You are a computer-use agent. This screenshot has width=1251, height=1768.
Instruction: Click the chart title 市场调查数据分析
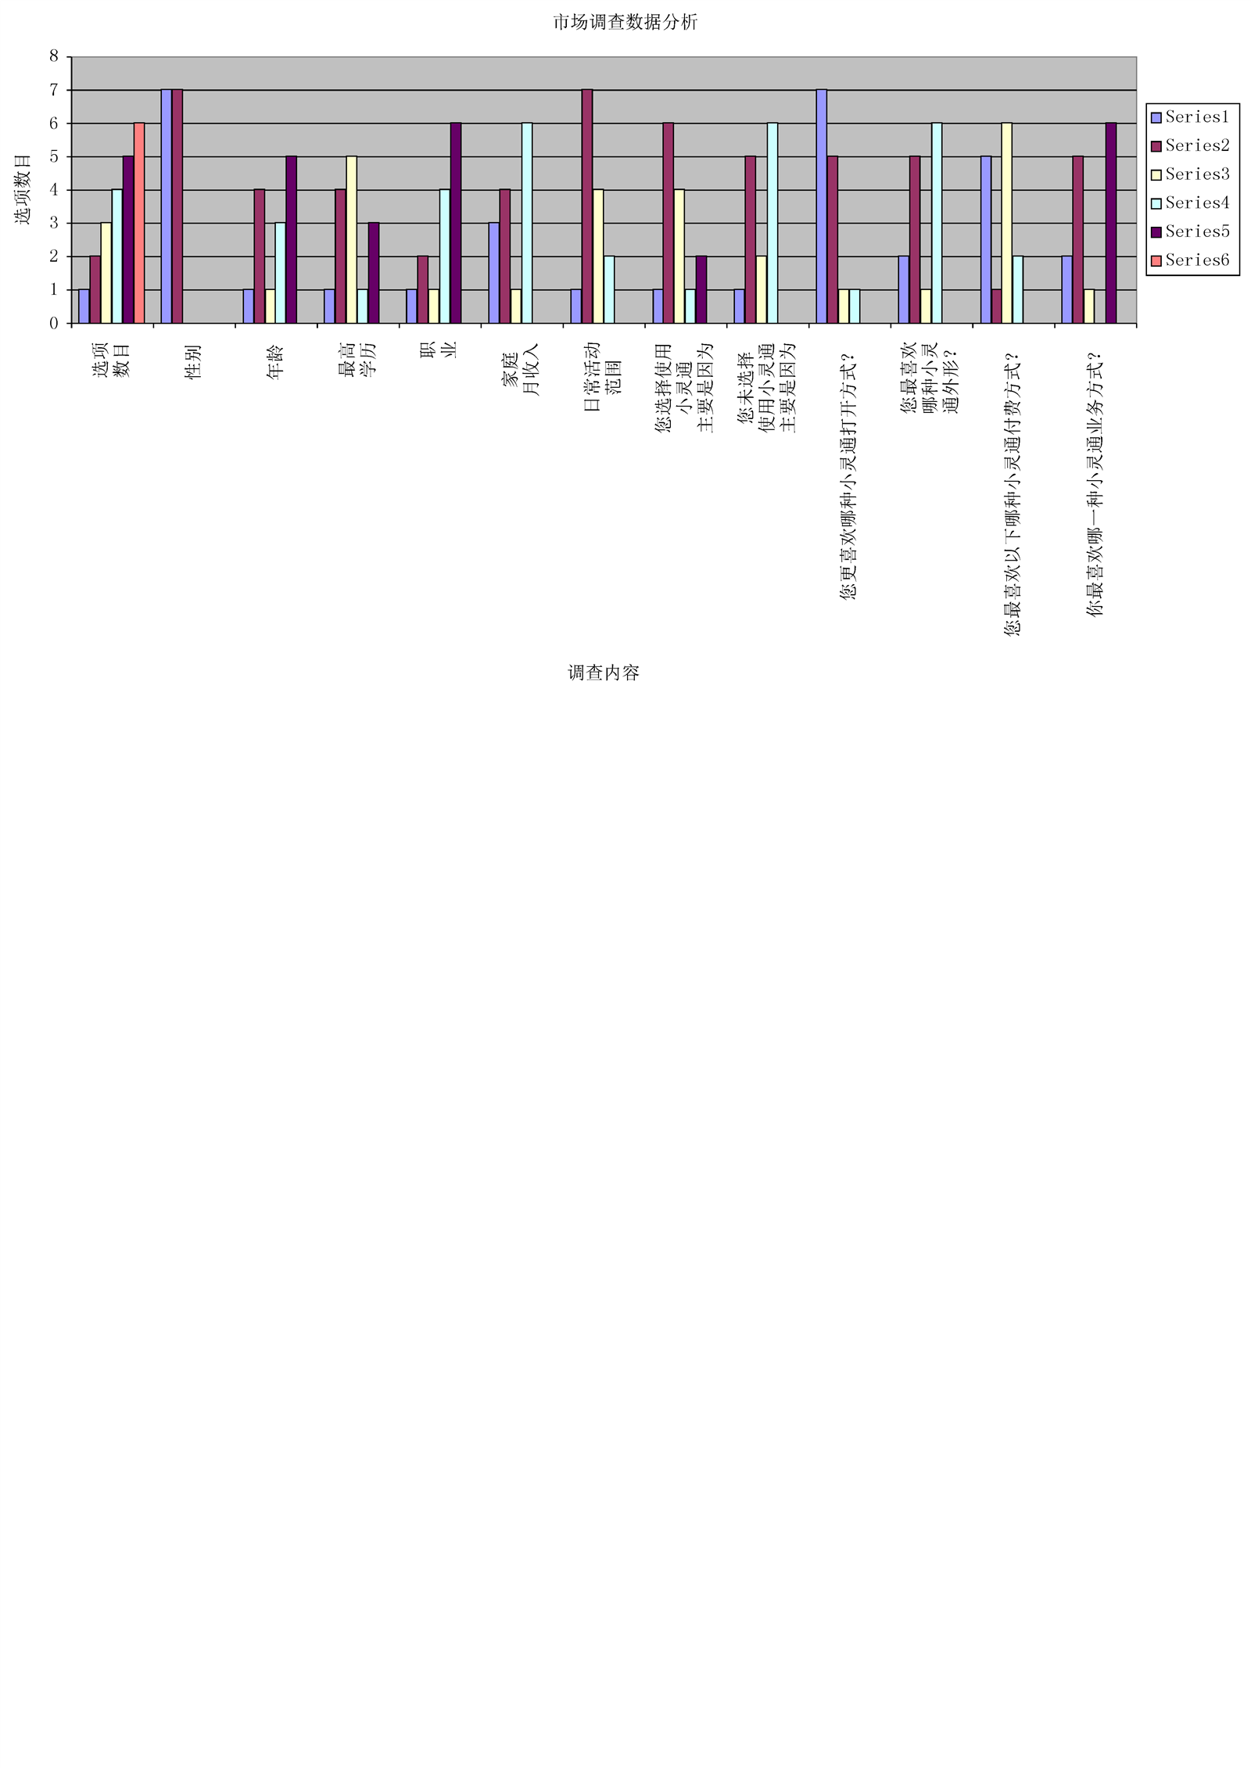tap(625, 22)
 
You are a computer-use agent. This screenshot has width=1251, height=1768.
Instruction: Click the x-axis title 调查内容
tap(604, 672)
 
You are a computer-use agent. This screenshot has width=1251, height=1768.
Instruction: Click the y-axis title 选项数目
tap(23, 189)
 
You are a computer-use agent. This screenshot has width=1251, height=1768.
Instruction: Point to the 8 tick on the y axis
tap(54, 56)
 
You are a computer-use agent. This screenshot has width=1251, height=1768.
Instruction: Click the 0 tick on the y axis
tap(54, 323)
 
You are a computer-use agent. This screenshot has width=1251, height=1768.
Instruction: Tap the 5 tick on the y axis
tap(54, 156)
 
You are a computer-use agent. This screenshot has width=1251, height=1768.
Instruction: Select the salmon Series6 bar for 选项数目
tap(139, 223)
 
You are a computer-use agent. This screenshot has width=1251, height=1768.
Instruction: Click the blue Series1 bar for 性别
tap(167, 206)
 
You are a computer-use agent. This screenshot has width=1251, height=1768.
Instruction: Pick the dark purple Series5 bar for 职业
tap(456, 223)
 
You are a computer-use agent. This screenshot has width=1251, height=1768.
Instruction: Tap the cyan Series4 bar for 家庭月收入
tap(527, 223)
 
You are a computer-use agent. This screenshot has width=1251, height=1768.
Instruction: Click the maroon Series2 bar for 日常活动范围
tap(587, 206)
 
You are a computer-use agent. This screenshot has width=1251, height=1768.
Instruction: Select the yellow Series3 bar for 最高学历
tap(352, 239)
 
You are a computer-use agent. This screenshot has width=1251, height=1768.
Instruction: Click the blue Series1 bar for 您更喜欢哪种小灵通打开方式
tap(822, 206)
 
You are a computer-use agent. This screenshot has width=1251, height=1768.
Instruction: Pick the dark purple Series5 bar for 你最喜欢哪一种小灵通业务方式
tap(1111, 223)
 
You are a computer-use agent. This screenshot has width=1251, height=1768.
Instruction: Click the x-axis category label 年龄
tap(275, 362)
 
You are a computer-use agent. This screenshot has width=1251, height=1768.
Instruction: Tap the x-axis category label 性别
tap(193, 362)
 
